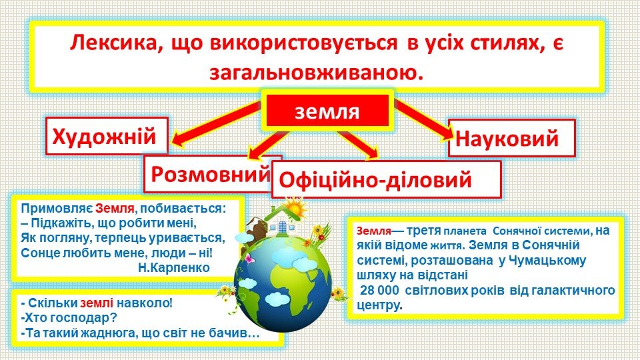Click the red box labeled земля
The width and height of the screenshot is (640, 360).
[327, 111]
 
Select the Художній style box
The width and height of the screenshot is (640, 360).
[107, 136]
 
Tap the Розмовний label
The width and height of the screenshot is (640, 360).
[210, 174]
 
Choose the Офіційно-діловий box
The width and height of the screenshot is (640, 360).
[386, 179]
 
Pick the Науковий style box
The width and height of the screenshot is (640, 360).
[512, 138]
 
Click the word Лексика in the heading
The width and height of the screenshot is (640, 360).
[113, 43]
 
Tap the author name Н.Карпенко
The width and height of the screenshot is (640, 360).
[174, 268]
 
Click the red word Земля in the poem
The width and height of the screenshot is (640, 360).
[115, 208]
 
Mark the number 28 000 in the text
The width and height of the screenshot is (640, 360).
[382, 290]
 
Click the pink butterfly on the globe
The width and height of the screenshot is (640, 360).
[248, 259]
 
